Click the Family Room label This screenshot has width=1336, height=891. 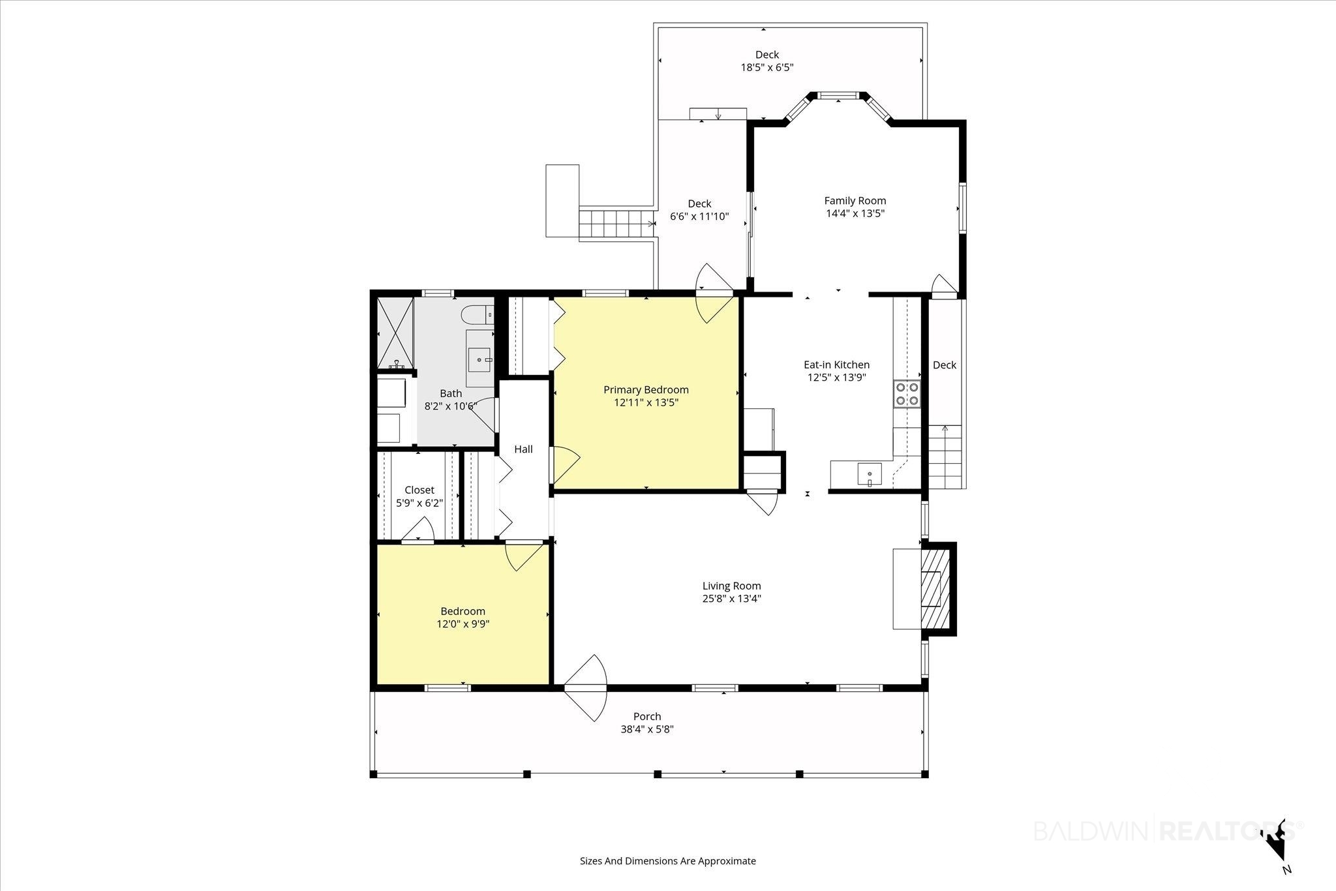855,201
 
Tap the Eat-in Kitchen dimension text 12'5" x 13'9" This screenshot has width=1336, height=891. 836,377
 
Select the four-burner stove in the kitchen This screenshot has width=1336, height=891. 906,393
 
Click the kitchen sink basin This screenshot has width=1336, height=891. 869,474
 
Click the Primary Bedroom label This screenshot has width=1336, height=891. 646,390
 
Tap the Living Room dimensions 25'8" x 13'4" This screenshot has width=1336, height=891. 732,599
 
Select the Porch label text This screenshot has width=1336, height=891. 647,716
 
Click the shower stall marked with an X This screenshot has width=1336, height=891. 395,333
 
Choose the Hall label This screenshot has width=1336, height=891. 523,449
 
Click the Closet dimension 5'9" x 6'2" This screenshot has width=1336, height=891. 419,503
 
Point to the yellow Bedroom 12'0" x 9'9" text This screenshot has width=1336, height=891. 463,618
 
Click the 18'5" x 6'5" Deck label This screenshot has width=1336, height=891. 767,61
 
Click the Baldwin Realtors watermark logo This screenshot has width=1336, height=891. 1166,831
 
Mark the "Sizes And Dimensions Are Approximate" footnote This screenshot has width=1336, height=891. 668,861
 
